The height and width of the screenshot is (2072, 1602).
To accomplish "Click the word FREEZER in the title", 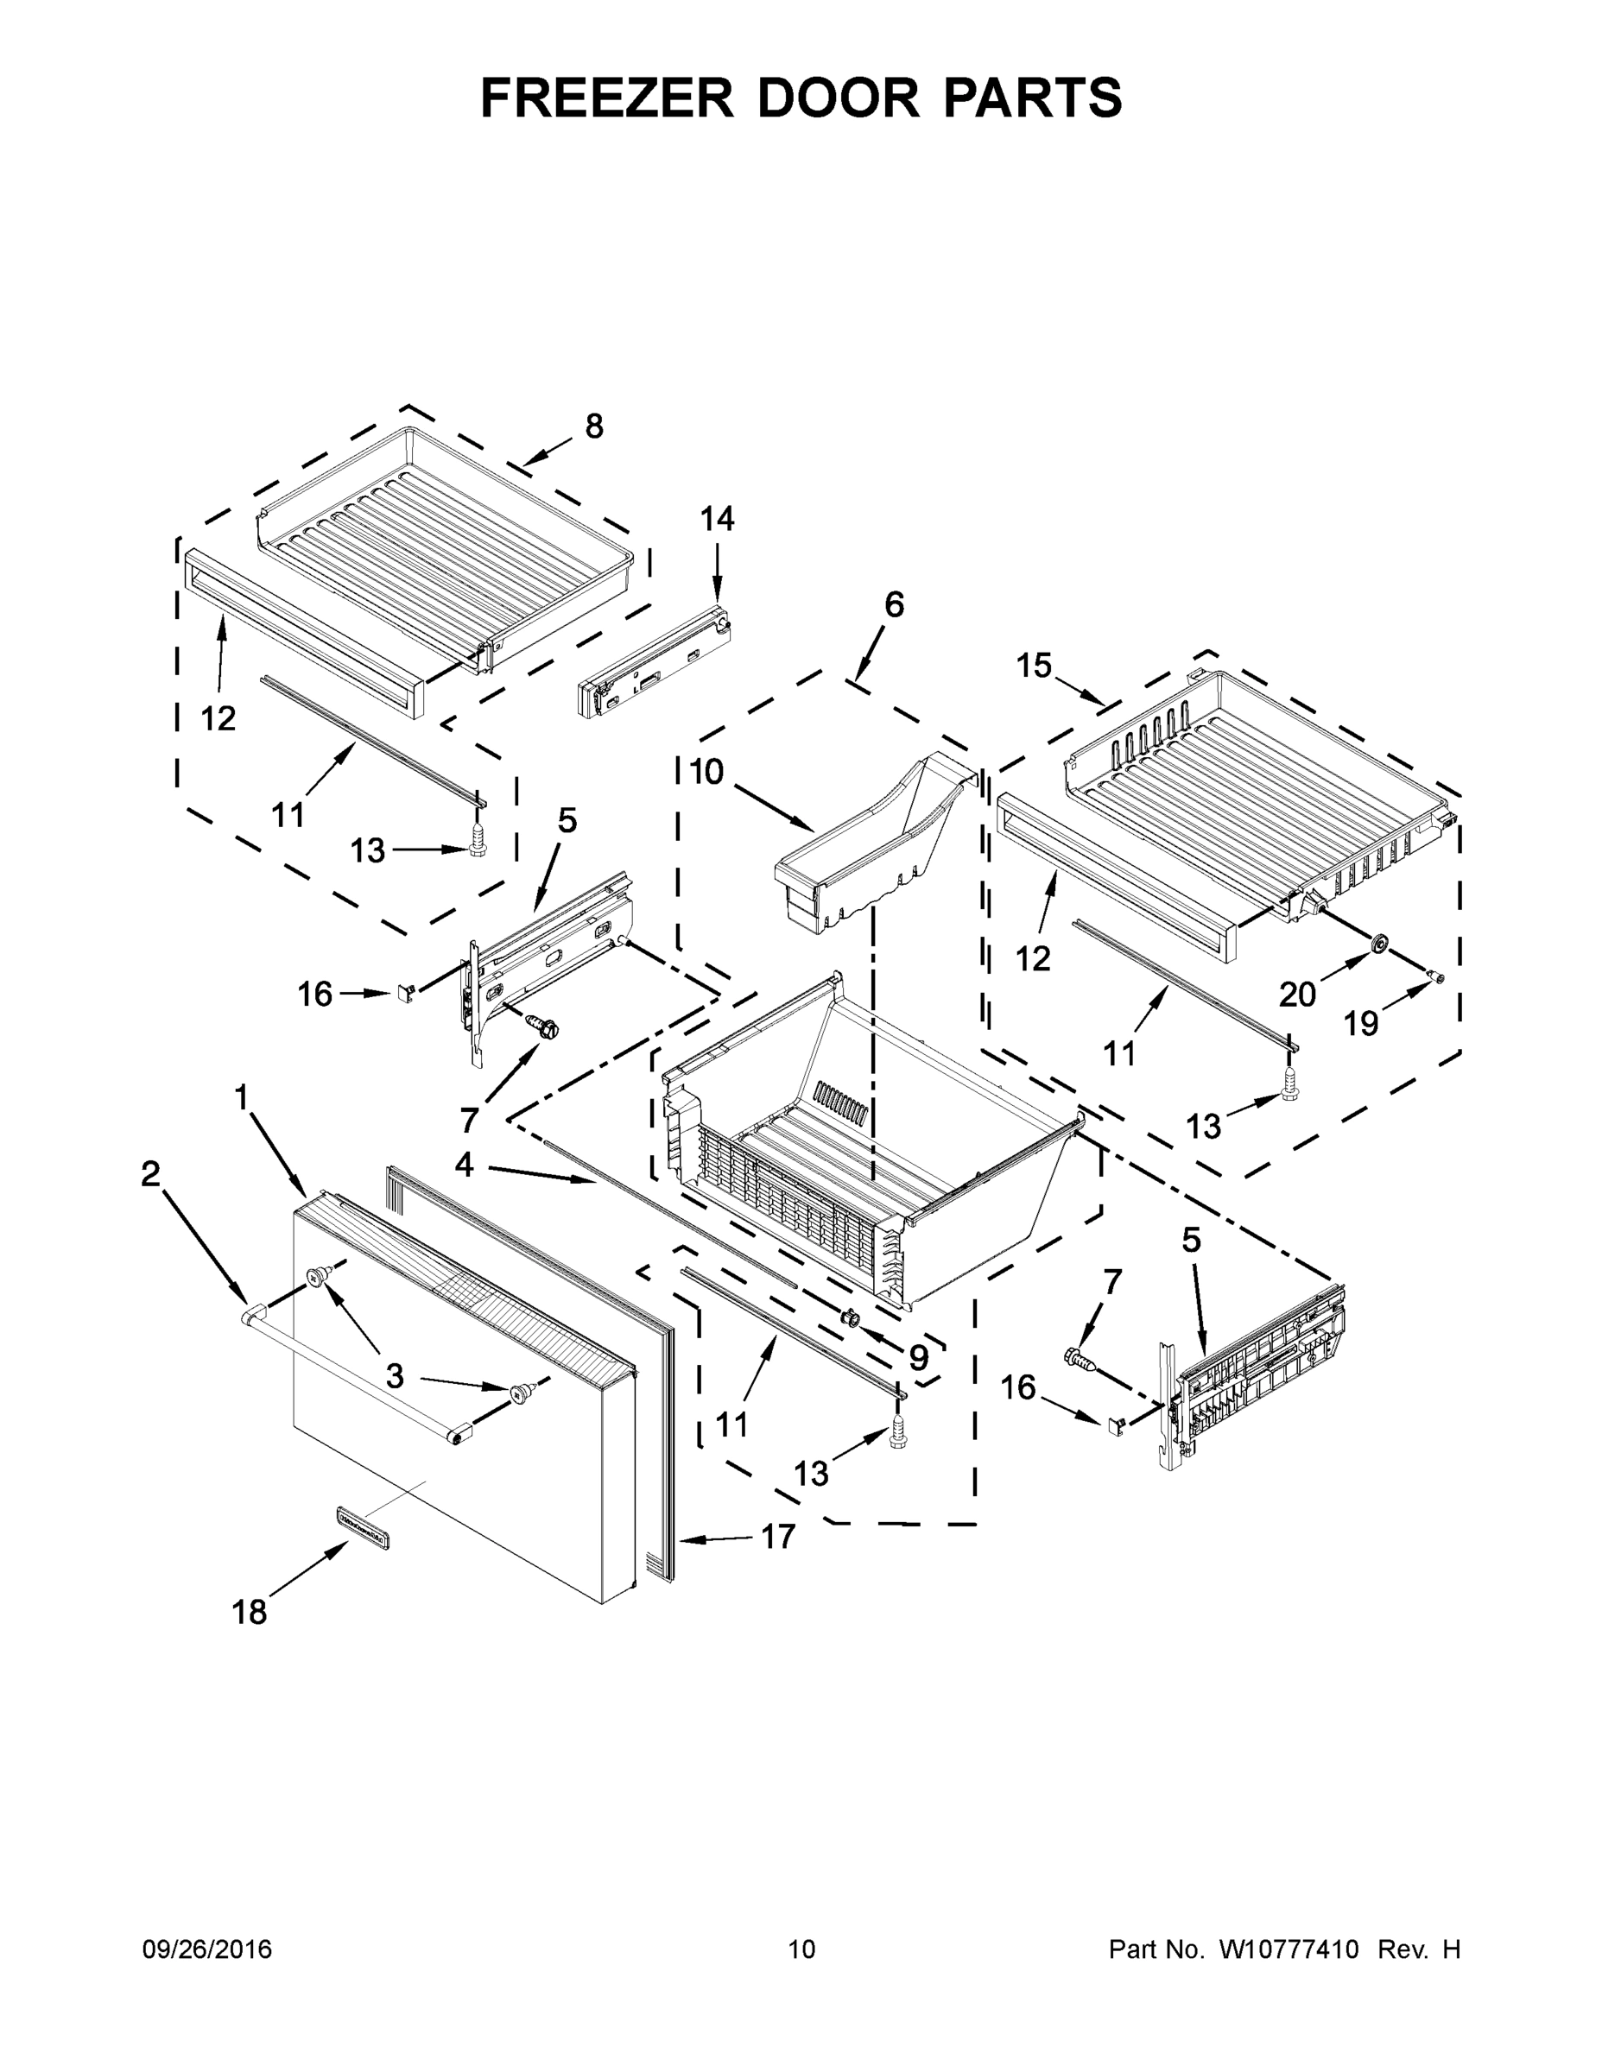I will [606, 98].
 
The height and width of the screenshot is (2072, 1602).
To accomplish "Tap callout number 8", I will [594, 427].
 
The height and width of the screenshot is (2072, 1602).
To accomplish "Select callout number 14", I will [718, 519].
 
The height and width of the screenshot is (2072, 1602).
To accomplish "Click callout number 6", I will [894, 604].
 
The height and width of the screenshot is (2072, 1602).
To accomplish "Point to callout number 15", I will [1034, 666].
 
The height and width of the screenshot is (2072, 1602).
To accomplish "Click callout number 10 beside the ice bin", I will [706, 773].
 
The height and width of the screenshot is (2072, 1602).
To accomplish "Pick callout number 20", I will [1297, 995].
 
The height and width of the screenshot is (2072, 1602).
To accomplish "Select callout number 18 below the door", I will [250, 1612].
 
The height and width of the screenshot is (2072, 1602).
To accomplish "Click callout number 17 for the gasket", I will [778, 1536].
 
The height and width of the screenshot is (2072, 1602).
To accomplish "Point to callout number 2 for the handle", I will [150, 1174].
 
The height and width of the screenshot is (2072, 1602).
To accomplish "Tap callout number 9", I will [918, 1360].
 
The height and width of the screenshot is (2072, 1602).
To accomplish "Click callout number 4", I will [463, 1165].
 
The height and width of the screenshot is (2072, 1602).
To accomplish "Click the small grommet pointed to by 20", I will [1379, 943].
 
